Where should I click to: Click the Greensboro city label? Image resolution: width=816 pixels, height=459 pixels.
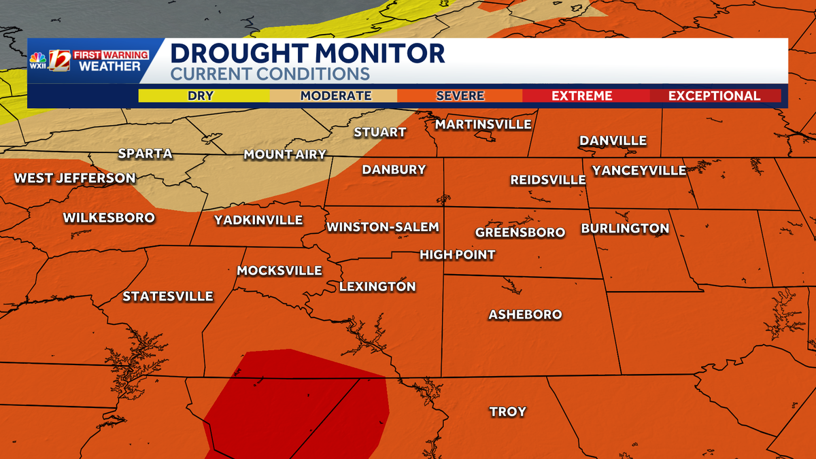[x=520, y=233]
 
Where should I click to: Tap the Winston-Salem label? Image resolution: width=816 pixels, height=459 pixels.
[x=383, y=227]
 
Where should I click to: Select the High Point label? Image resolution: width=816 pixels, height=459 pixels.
[x=457, y=255]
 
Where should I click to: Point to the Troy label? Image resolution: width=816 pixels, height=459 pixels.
[x=508, y=411]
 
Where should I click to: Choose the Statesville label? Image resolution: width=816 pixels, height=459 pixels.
[x=168, y=296]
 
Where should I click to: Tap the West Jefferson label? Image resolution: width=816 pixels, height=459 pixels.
[x=75, y=178]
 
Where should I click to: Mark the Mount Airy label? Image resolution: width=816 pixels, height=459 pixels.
[x=285, y=155]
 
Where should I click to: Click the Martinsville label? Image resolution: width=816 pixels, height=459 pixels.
[x=483, y=124]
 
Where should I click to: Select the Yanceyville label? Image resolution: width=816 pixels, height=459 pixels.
[x=639, y=171]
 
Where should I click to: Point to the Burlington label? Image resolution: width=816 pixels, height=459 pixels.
[x=625, y=228]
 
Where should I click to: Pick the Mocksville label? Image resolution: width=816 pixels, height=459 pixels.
[x=279, y=271]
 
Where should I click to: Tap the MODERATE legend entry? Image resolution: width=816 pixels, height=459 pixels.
[x=336, y=96]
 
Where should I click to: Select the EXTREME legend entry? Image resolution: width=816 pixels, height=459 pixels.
[x=581, y=96]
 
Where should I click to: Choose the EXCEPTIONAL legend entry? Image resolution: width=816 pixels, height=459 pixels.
[x=714, y=96]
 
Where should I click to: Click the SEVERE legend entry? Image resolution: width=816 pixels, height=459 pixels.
[x=460, y=96]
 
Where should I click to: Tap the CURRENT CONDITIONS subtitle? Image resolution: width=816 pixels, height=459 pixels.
[x=269, y=74]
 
